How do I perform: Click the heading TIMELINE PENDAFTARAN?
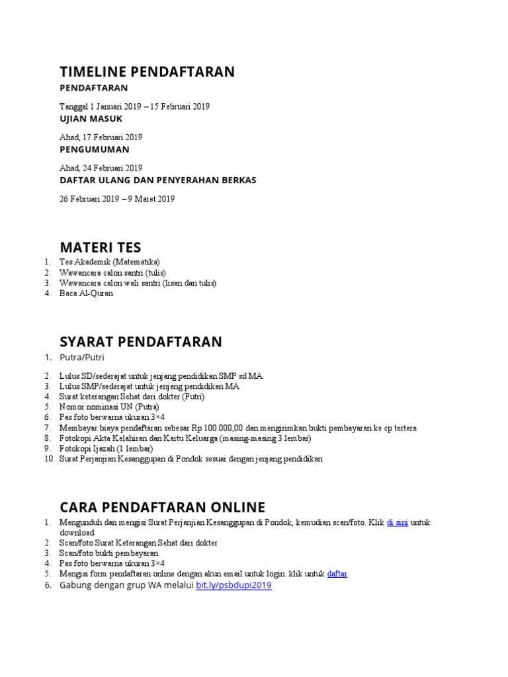click(147, 71)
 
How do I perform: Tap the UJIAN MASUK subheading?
click(91, 118)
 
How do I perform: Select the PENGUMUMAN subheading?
click(94, 149)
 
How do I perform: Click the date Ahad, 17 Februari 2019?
click(101, 138)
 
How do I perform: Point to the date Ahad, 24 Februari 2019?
click(101, 168)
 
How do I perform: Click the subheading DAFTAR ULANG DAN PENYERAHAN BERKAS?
click(157, 180)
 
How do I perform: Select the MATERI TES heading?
click(101, 248)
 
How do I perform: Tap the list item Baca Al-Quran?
click(86, 293)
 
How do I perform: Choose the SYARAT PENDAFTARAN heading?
click(141, 342)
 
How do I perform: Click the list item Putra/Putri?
click(82, 358)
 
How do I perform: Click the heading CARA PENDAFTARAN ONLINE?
click(162, 507)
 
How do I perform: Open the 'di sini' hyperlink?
click(397, 522)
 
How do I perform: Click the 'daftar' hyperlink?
click(337, 574)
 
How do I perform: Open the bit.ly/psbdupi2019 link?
click(233, 585)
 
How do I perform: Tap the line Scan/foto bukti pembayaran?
click(109, 553)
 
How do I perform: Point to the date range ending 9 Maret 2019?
click(117, 198)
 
